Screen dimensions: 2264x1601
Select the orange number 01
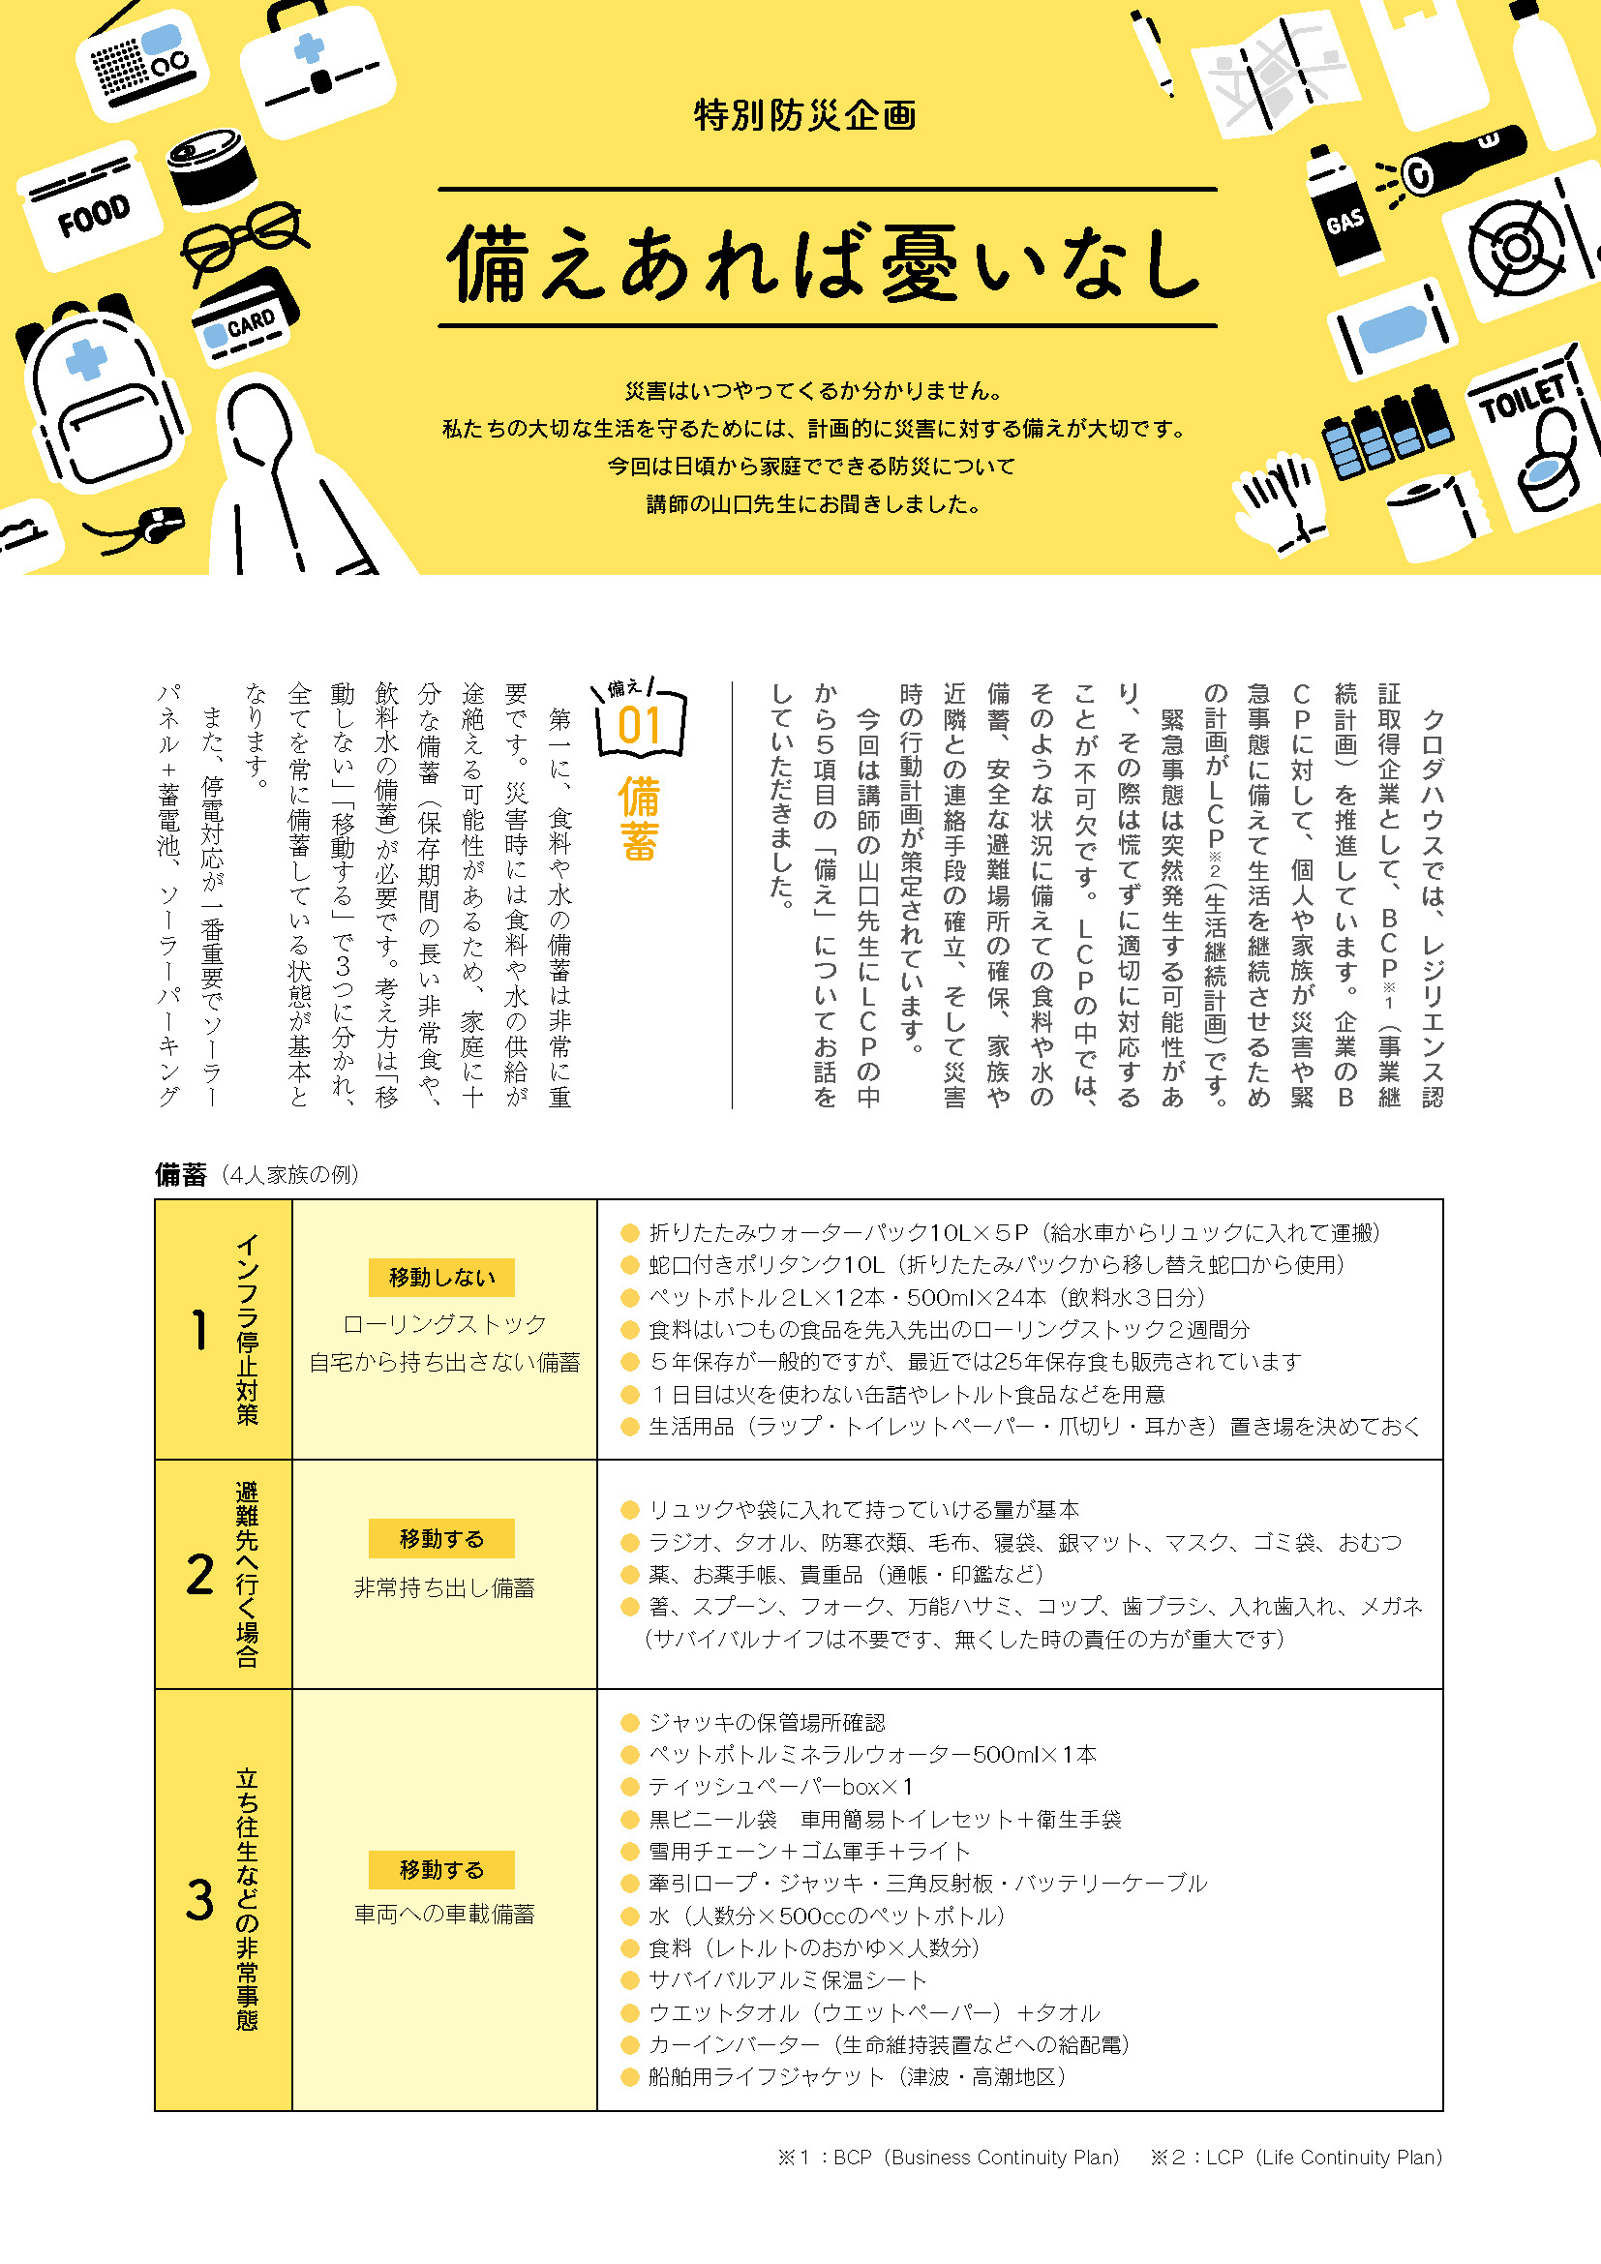639,727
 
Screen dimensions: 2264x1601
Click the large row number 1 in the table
200,1330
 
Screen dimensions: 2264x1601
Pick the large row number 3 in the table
200,1900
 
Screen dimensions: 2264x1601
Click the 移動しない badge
441,1277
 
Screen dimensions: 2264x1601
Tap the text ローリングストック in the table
444,1323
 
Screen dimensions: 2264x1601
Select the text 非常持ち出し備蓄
444,1587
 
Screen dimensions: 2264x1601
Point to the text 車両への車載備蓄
444,1914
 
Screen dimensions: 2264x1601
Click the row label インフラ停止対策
248,1328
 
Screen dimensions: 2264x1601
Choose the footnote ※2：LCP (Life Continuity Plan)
1295,2158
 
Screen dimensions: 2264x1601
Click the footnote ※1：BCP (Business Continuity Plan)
949,2158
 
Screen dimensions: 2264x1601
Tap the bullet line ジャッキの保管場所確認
766,1723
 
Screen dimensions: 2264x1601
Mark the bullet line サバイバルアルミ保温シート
787,1980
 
